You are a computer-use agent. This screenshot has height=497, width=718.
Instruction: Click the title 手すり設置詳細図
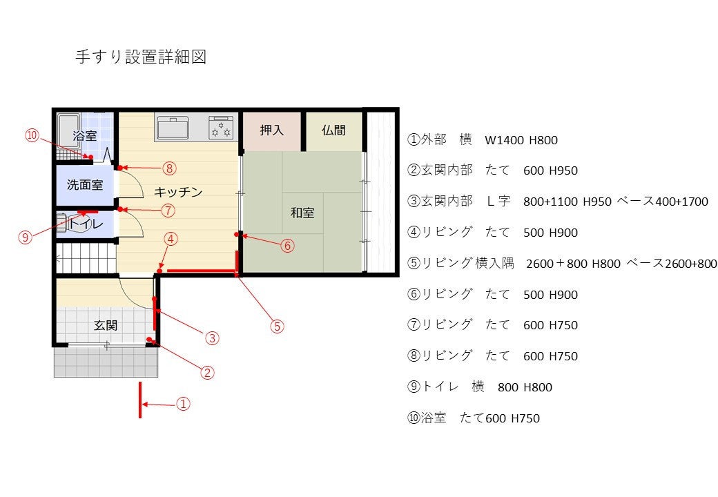coord(141,57)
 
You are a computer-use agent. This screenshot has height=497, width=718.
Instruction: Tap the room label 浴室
coord(85,135)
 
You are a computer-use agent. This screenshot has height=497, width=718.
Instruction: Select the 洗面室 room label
coord(85,184)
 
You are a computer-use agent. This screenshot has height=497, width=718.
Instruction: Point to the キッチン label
coord(178,192)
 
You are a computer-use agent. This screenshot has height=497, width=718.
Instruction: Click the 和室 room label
coord(302,213)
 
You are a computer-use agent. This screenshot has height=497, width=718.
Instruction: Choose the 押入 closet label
coord(272,130)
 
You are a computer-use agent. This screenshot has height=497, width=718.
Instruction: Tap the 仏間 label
coord(333,130)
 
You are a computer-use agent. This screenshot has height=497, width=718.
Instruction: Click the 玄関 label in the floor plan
coord(106,325)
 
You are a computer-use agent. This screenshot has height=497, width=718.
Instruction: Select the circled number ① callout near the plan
coord(183,404)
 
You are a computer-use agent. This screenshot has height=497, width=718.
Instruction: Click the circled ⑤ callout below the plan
coord(277,327)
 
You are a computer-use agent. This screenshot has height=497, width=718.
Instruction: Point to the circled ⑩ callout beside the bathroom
coord(32,135)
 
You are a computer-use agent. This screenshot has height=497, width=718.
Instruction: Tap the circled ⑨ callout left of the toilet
coord(25,237)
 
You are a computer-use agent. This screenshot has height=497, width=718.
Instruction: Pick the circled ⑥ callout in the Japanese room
coord(288,246)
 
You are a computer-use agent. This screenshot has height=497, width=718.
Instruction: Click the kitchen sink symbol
coord(173,128)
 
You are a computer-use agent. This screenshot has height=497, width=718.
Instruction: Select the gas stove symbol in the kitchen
coord(221,127)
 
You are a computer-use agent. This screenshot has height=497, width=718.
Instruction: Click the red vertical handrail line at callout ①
coord(140,400)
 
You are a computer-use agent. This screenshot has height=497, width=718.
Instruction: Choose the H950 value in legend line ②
coord(563,170)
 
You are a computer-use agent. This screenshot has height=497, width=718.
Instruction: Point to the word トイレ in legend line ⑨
coord(440,387)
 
